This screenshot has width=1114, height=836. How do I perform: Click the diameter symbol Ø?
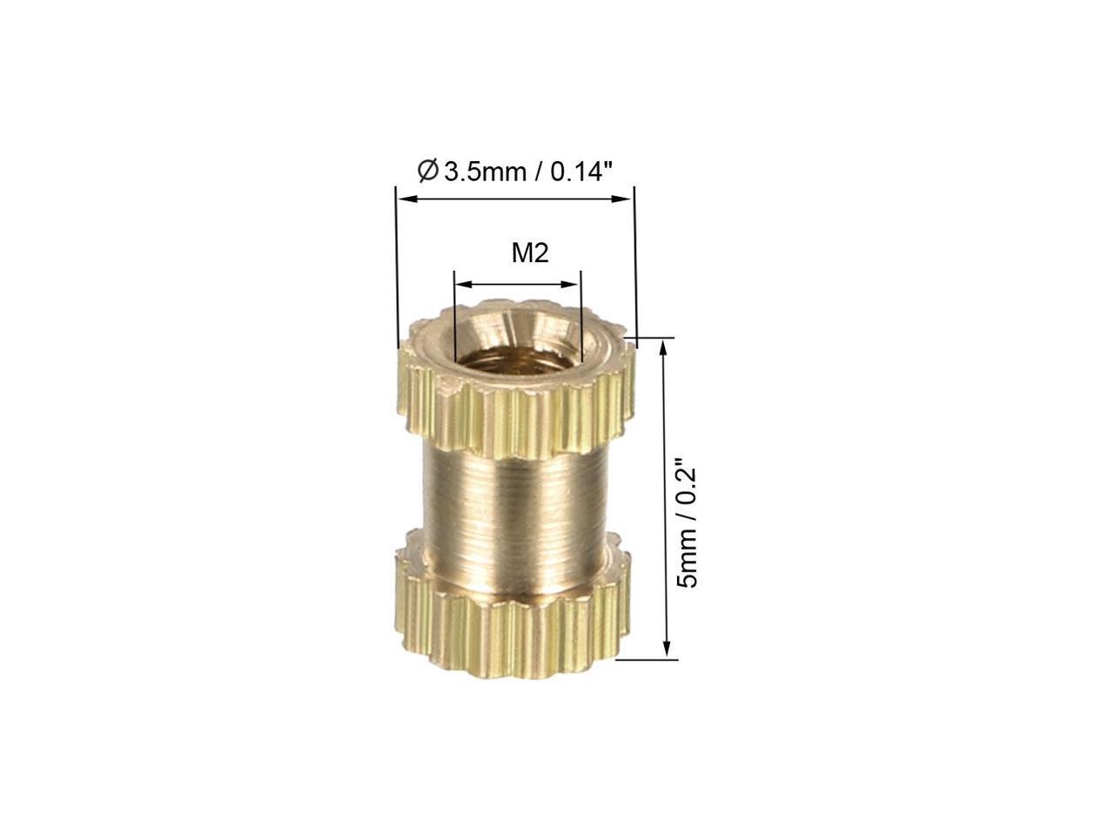427,171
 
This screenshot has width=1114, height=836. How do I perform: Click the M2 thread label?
529,253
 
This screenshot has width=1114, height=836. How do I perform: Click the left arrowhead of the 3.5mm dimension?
404,199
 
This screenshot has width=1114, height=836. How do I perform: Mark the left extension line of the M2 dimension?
454,322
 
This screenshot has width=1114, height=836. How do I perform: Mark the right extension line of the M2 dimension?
579,322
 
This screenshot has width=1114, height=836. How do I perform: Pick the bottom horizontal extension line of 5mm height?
644,659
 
